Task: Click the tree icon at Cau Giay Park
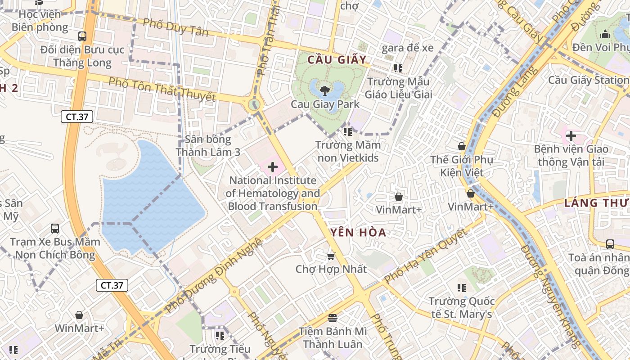tap(324, 90)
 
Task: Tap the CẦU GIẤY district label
tap(337, 60)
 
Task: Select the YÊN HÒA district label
tap(358, 233)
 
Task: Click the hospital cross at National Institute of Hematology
tap(273, 167)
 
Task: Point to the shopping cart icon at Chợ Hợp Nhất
tap(331, 256)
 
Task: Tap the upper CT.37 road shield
tap(77, 117)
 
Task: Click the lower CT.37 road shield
tap(112, 285)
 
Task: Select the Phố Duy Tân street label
tap(175, 27)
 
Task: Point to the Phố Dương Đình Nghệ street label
tap(213, 275)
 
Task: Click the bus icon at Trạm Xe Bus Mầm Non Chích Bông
tap(55, 229)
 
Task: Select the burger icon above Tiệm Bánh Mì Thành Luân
tap(333, 318)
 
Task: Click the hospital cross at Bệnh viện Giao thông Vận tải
tap(571, 135)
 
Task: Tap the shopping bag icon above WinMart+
tap(79, 315)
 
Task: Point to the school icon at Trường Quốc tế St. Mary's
tap(461, 288)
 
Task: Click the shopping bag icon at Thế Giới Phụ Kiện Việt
tap(461, 146)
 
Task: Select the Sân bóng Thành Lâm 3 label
tap(208, 146)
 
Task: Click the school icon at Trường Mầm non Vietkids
tap(347, 132)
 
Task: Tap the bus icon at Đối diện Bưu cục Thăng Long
tap(82, 36)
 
